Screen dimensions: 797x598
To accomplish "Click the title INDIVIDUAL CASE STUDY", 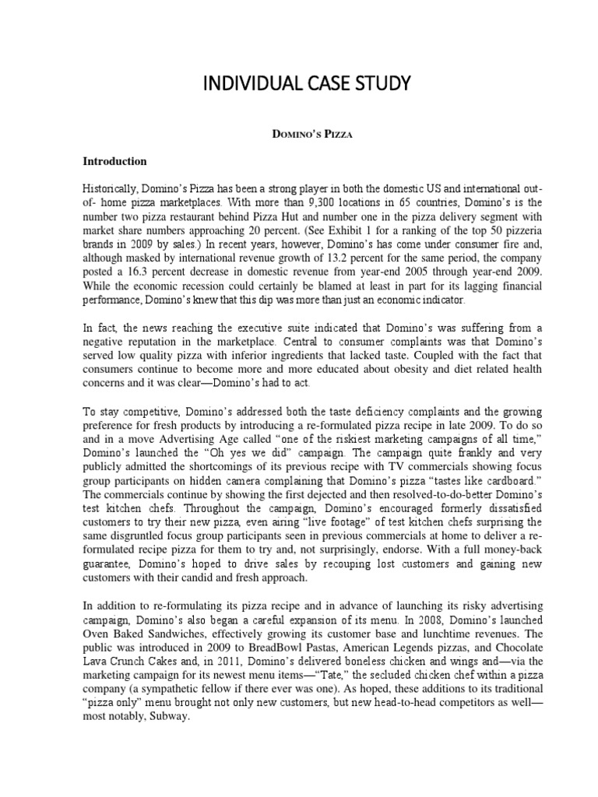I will (x=298, y=83).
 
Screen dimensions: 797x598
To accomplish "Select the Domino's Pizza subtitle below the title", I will (x=298, y=135).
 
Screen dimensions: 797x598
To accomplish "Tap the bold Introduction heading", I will (x=115, y=162).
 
